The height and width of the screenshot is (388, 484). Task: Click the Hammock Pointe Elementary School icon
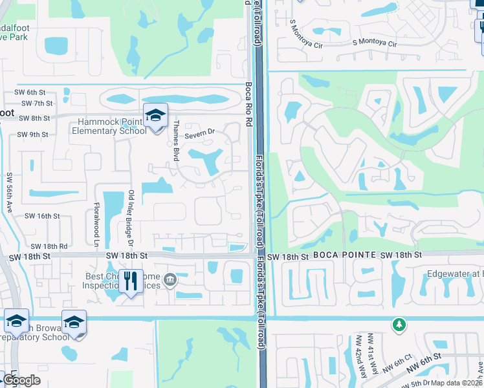pyautogui.click(x=155, y=116)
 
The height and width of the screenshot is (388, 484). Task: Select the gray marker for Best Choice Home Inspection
pyautogui.click(x=170, y=279)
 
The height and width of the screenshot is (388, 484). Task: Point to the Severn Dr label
pyautogui.click(x=199, y=135)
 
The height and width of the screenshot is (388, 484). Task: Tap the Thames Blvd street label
pyautogui.click(x=175, y=140)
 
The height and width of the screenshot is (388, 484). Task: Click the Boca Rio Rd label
pyautogui.click(x=248, y=103)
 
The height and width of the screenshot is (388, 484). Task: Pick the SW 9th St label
pyautogui.click(x=33, y=135)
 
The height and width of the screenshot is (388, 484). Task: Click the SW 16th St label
pyautogui.click(x=43, y=217)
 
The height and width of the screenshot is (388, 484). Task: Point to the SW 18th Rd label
pyautogui.click(x=49, y=246)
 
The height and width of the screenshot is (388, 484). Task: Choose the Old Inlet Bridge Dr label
pyautogui.click(x=130, y=218)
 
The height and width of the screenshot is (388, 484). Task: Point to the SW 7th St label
pyautogui.click(x=37, y=103)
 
